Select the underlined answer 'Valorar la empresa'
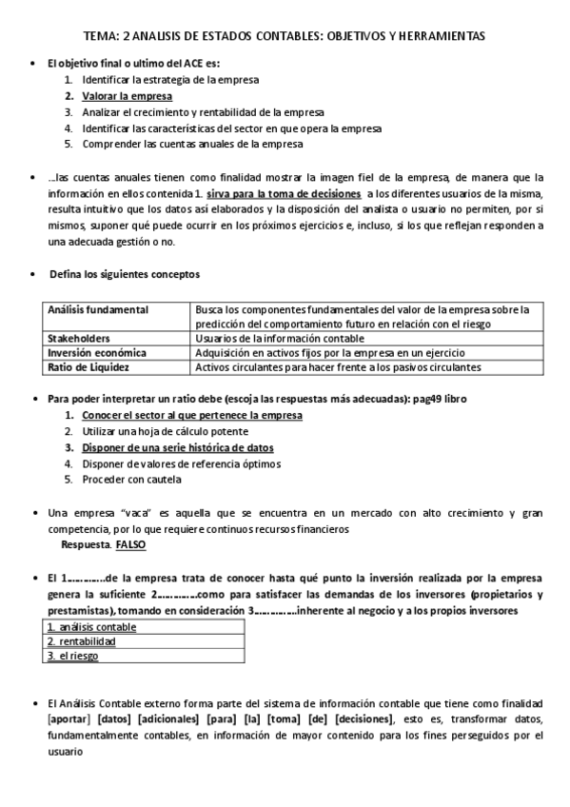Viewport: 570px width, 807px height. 128,96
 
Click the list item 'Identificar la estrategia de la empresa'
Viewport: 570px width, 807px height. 170,80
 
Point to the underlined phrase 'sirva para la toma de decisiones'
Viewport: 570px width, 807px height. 283,193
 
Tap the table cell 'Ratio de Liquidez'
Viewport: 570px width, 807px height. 88,366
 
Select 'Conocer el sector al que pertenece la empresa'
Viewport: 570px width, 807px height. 192,416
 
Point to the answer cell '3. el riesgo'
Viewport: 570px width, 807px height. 73,656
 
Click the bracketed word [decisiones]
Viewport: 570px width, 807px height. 363,720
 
